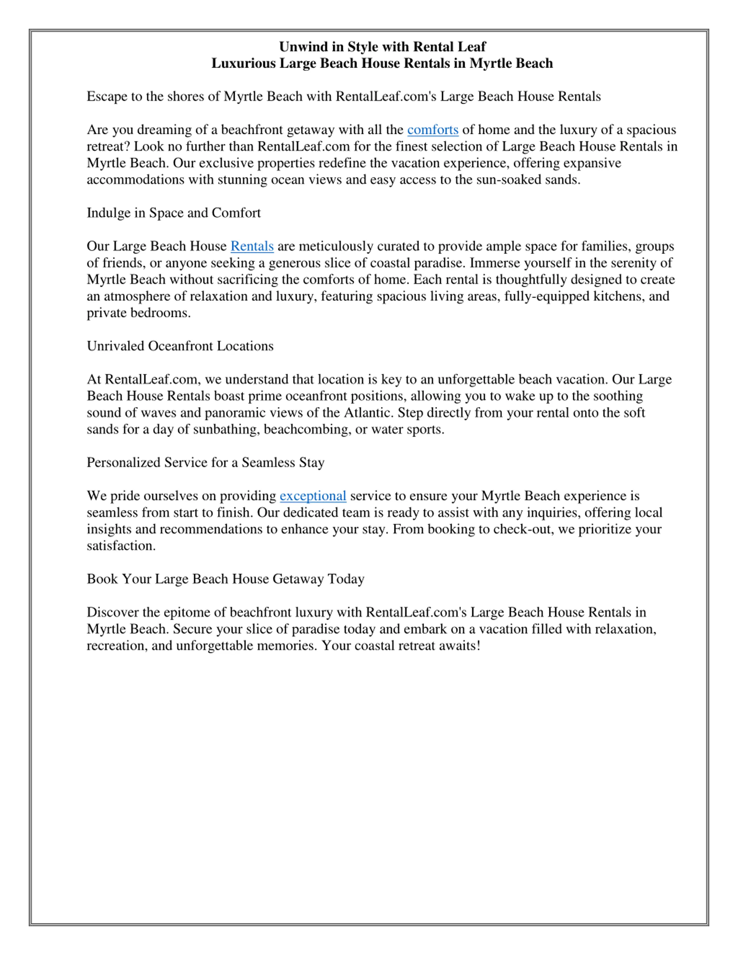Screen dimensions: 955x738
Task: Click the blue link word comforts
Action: coord(432,130)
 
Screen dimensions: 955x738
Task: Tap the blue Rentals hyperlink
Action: coord(252,246)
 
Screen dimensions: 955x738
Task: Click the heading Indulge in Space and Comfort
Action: coord(173,213)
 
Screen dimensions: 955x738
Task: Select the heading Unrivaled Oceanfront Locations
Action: coord(180,346)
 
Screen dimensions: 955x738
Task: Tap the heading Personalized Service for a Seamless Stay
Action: coord(205,463)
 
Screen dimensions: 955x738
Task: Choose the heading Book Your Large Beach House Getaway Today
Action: coord(225,579)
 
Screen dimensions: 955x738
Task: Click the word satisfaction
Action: coord(121,546)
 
